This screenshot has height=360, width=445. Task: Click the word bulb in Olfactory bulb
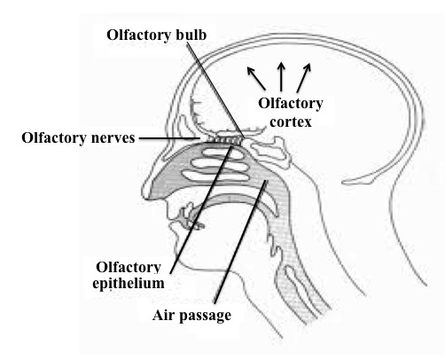coord(191,35)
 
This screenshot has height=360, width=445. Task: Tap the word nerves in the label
coord(113,138)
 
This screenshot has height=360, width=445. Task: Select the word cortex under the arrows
coord(291,122)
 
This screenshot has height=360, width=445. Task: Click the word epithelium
coord(129,284)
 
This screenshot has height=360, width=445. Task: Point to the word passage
coord(206,316)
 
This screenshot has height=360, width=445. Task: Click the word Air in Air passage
coord(164,315)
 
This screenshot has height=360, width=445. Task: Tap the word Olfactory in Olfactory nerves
coord(55,138)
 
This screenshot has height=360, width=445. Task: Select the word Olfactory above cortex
coord(291,104)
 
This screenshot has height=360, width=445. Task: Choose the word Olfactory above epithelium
coord(129,268)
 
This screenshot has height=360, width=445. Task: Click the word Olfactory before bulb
coord(139,35)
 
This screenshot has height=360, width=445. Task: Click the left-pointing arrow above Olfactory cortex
coord(256,78)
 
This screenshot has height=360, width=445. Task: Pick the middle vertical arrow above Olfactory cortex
coord(281,76)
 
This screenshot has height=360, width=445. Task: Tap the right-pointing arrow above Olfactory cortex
coord(304,77)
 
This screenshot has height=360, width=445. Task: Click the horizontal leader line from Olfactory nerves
coord(169,138)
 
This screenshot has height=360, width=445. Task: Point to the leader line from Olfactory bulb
coord(215,90)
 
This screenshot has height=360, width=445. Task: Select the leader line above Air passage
coord(240,242)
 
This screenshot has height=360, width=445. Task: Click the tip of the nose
coord(144,193)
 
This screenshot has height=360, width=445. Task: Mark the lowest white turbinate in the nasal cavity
coord(215,176)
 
